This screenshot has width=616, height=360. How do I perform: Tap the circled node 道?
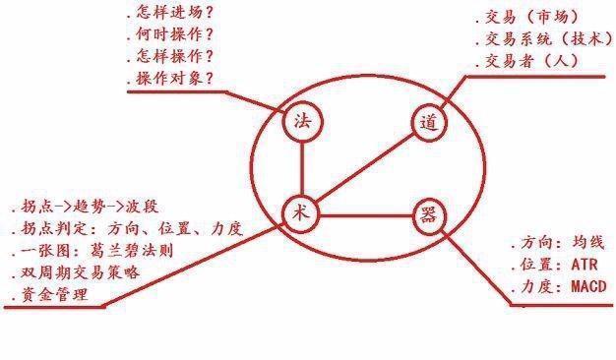coord(427,124)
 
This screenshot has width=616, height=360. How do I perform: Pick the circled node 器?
coord(426,215)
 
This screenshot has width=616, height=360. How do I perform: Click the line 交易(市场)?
coord(532,18)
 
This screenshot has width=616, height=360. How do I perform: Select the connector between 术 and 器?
coord(364,214)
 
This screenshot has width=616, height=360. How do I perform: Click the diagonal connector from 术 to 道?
coord(365,168)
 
